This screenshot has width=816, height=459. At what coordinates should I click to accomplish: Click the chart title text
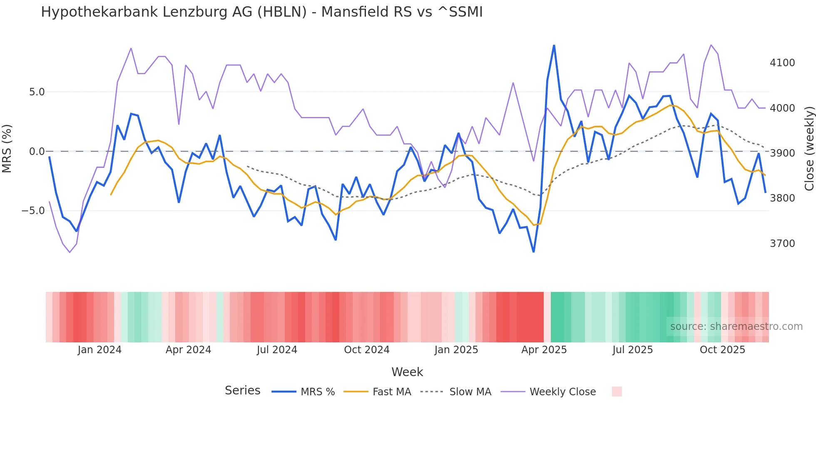(x=261, y=12)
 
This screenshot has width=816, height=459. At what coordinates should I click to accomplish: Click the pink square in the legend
(x=617, y=392)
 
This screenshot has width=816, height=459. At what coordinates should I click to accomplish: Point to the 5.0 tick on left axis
(x=37, y=92)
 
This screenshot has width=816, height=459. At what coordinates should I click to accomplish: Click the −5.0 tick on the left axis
(x=33, y=211)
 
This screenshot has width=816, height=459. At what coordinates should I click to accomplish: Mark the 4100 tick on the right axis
(x=782, y=63)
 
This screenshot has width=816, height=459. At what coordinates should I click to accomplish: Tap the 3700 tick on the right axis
(x=782, y=244)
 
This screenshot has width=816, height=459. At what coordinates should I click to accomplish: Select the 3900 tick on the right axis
(x=782, y=153)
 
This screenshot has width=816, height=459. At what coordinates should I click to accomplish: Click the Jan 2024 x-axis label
(x=100, y=350)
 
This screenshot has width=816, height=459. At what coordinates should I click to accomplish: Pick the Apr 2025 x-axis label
(x=544, y=350)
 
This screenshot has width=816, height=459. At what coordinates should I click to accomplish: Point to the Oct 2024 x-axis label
(x=366, y=350)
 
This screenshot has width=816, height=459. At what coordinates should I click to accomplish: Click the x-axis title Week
(x=407, y=372)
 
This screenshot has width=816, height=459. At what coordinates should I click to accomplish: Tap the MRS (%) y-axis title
(x=7, y=149)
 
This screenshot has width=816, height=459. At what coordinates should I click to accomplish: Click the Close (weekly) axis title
(x=809, y=149)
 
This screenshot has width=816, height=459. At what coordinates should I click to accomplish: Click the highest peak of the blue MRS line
(x=554, y=45)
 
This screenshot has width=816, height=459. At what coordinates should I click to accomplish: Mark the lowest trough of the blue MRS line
(x=533, y=252)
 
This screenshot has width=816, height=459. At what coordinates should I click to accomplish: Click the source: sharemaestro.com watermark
(x=736, y=327)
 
